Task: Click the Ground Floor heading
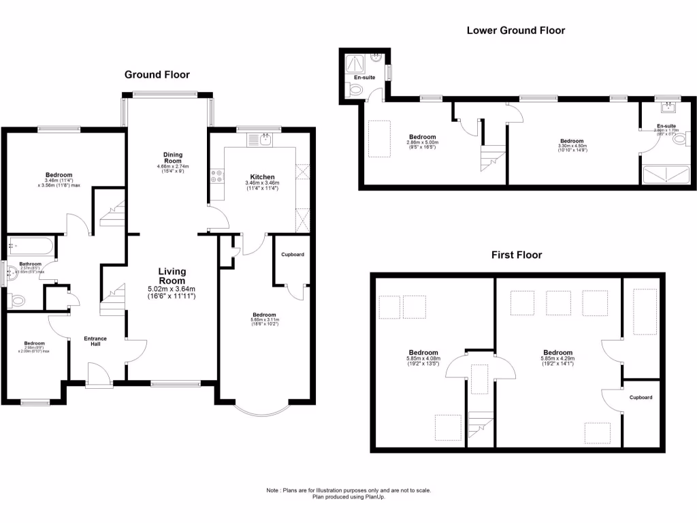click(157, 75)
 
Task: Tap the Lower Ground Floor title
click(515, 30)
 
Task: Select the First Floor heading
click(517, 255)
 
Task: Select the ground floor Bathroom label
click(30, 264)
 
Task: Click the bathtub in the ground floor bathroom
click(30, 245)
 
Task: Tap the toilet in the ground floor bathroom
click(17, 299)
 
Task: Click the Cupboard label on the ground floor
click(292, 255)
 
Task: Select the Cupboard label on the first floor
click(641, 398)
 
